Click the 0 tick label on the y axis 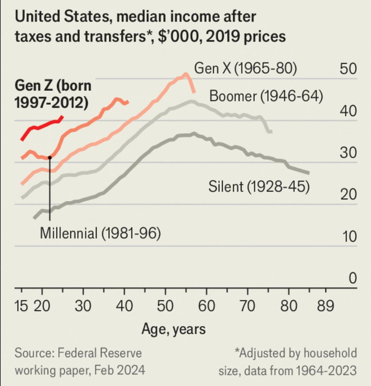pos(352,278)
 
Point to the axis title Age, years pos(174,329)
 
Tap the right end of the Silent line pos(309,173)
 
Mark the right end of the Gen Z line pos(62,116)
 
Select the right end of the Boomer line pos(272,132)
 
